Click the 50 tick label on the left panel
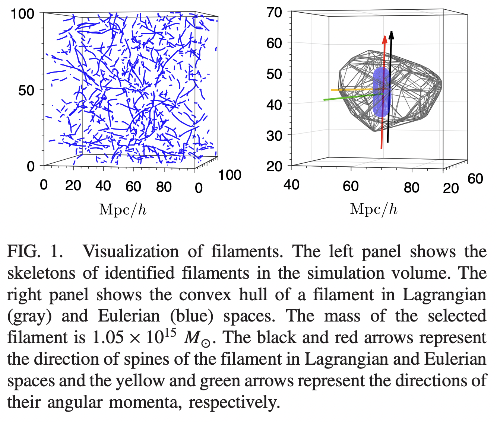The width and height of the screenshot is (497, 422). [26, 90]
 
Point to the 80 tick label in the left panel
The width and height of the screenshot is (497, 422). [164, 186]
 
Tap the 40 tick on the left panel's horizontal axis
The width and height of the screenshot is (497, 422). [103, 186]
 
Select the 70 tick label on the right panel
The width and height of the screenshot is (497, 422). [275, 13]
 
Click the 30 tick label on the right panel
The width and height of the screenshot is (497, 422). [275, 135]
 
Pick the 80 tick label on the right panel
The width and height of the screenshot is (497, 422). [411, 187]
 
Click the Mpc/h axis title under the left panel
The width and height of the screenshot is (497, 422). [123, 210]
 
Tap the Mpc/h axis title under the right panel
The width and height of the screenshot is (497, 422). [374, 209]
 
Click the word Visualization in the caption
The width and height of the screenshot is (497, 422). [131, 252]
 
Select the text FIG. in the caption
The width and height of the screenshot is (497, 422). [23, 252]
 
